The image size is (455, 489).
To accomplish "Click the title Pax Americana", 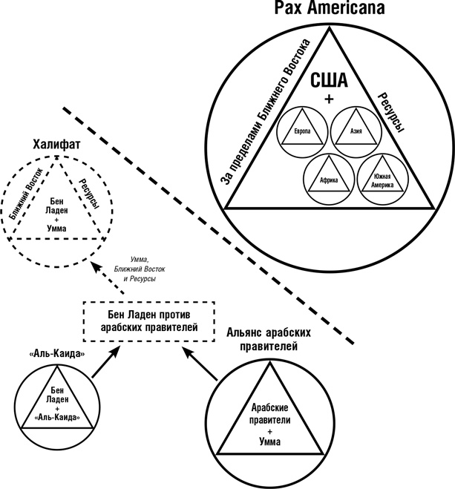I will tap(327, 10).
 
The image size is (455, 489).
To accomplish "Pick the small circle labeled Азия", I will tap(356, 131).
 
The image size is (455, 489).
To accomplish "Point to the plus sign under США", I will tap(329, 99).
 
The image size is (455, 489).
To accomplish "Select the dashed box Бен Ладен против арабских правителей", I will tap(140, 320).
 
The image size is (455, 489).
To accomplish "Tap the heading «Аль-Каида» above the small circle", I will tap(56, 354).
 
